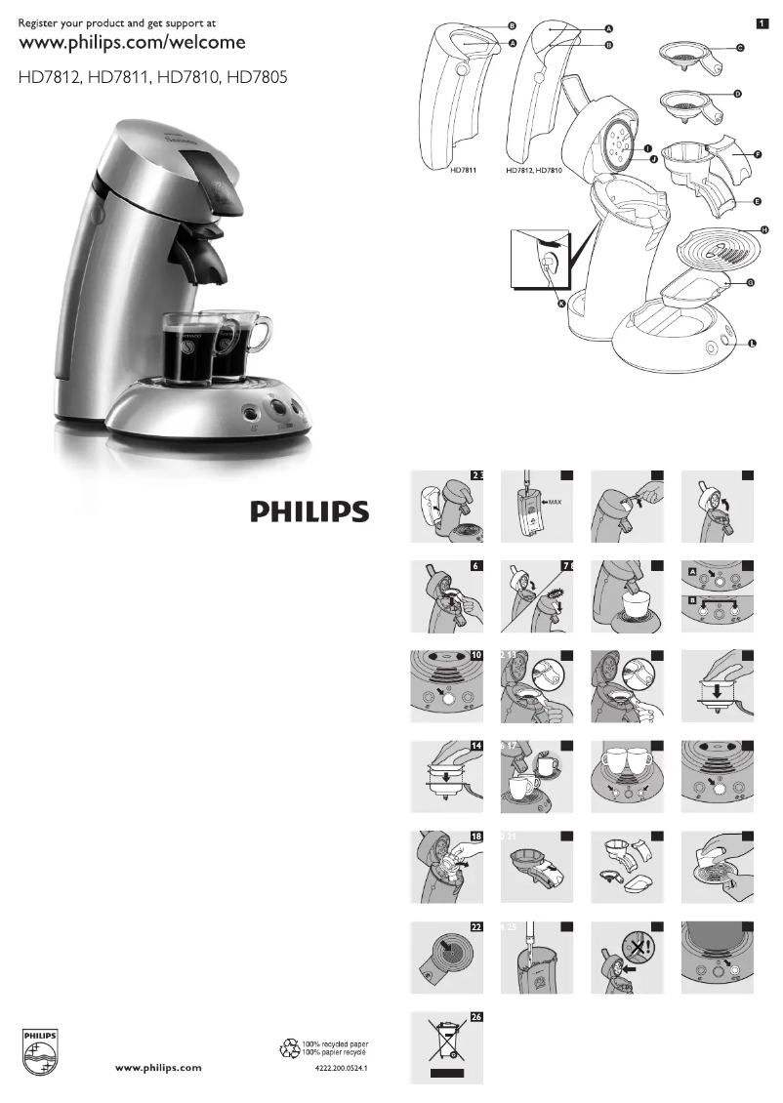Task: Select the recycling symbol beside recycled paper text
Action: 290,1048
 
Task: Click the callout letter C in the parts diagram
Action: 740,48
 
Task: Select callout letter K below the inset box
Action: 560,304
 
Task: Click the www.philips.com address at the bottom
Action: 159,1068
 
